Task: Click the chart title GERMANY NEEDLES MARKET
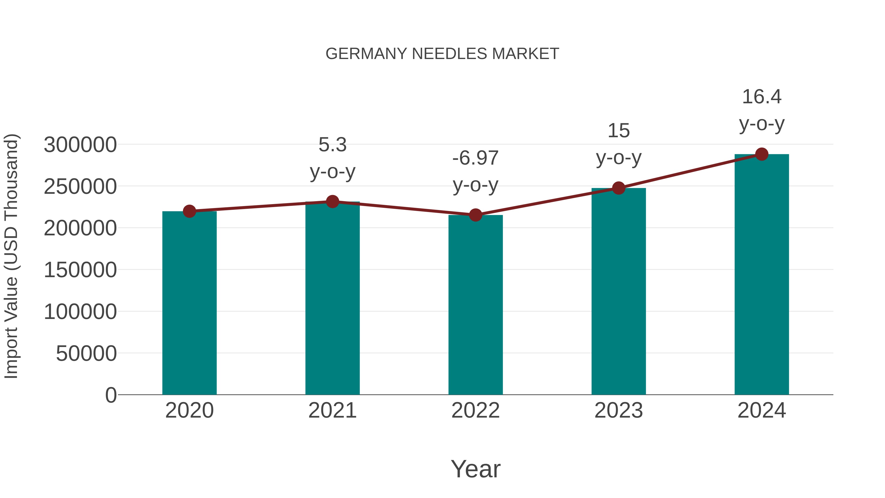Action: click(442, 54)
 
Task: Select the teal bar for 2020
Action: click(189, 302)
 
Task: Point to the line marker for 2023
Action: click(619, 188)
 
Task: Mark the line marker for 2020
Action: click(189, 211)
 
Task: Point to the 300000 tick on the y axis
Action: click(80, 145)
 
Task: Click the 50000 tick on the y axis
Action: click(86, 353)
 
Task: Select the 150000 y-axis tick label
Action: click(80, 270)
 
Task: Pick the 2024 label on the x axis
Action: click(762, 410)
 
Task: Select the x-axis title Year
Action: click(475, 469)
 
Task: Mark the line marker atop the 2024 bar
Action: click(762, 154)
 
